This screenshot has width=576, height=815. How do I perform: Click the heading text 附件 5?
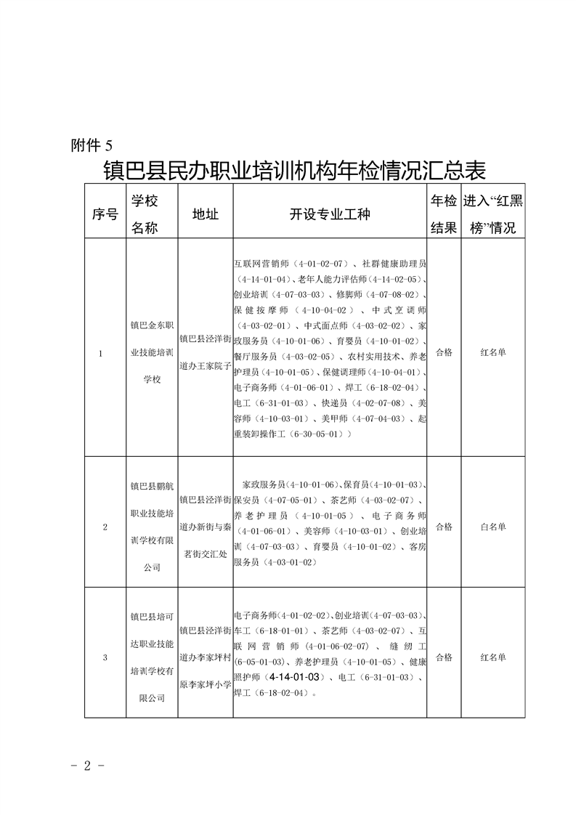pyautogui.click(x=92, y=144)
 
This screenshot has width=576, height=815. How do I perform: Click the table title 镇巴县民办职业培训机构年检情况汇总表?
pyautogui.click(x=294, y=171)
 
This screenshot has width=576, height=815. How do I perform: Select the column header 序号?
pyautogui.click(x=105, y=214)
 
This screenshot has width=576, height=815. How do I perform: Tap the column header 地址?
pyautogui.click(x=205, y=214)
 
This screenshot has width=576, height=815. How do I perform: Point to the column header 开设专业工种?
pyautogui.click(x=329, y=214)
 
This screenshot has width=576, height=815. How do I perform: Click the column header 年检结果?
pyautogui.click(x=443, y=214)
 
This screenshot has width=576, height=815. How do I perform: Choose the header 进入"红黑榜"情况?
pyautogui.click(x=492, y=214)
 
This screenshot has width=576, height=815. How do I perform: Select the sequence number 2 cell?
pyautogui.click(x=105, y=527)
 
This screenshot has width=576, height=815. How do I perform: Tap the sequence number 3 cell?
pyautogui.click(x=105, y=657)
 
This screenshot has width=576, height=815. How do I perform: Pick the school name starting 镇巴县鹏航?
pyautogui.click(x=152, y=527)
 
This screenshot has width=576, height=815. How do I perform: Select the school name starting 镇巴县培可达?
pyautogui.click(x=152, y=657)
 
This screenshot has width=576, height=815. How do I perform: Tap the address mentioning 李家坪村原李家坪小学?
pyautogui.click(x=205, y=657)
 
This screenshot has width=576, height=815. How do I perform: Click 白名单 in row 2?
pyautogui.click(x=493, y=527)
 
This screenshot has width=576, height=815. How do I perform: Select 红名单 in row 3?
pyautogui.click(x=493, y=657)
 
